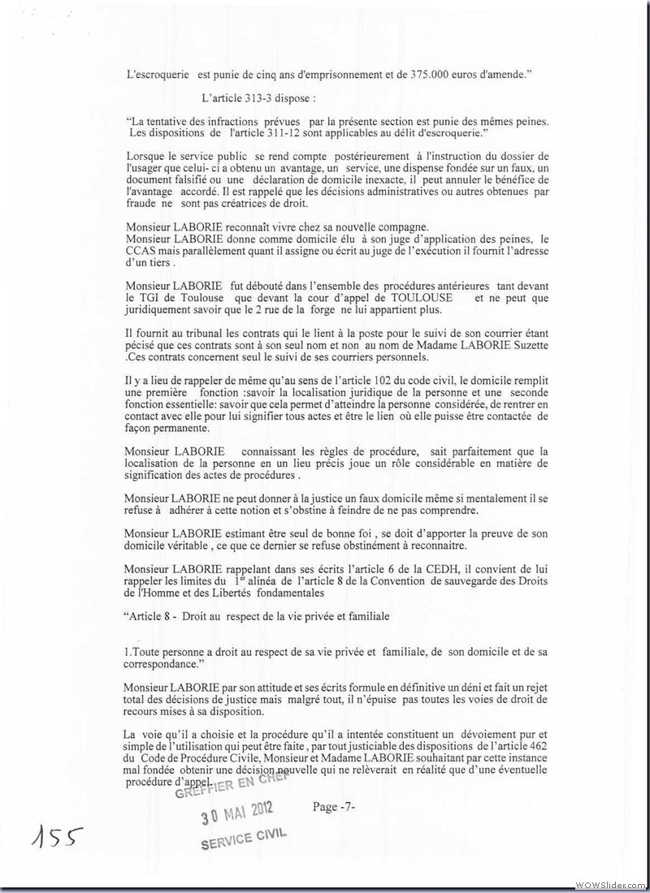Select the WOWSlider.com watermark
tap(609, 883)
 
